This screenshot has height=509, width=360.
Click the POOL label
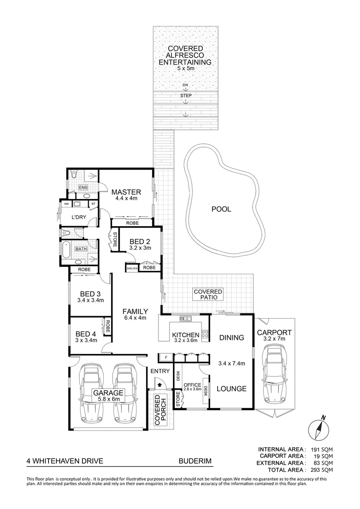point(221,209)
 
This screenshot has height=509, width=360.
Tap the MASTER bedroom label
point(126,192)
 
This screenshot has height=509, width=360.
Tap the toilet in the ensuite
point(72,175)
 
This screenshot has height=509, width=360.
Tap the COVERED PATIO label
point(208,295)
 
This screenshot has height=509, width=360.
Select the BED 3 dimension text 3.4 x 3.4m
point(90,300)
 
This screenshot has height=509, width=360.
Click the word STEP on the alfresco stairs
point(186,96)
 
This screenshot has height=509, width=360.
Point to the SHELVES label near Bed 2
point(131,268)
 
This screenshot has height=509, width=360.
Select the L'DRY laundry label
point(78,218)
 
